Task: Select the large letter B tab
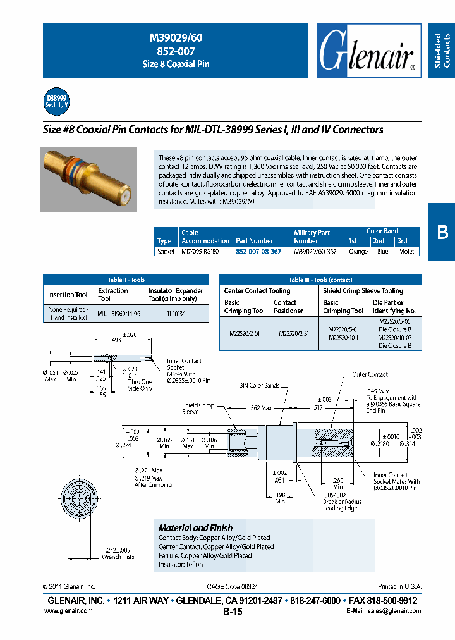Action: (442, 232)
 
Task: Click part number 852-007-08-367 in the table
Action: (258, 252)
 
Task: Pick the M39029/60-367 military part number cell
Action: (315, 252)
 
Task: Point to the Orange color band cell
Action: (358, 252)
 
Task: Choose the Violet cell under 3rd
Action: (406, 252)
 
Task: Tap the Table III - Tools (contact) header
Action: (320, 280)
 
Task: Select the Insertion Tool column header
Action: (68, 295)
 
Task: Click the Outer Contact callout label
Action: (370, 374)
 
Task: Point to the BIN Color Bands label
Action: (258, 385)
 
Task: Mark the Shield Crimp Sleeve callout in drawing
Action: (198, 408)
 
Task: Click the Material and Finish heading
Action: (195, 527)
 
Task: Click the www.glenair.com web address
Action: (68, 610)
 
